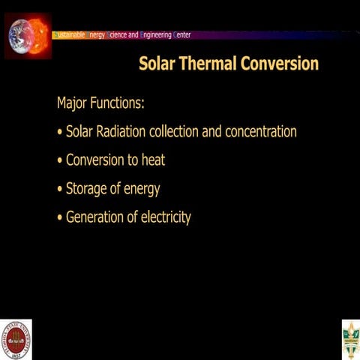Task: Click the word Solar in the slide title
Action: click(156, 64)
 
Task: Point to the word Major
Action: click(73, 102)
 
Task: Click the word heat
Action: click(151, 160)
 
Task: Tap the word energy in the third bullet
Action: click(142, 190)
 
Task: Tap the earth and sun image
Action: click(27, 34)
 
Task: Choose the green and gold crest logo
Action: click(350, 339)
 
